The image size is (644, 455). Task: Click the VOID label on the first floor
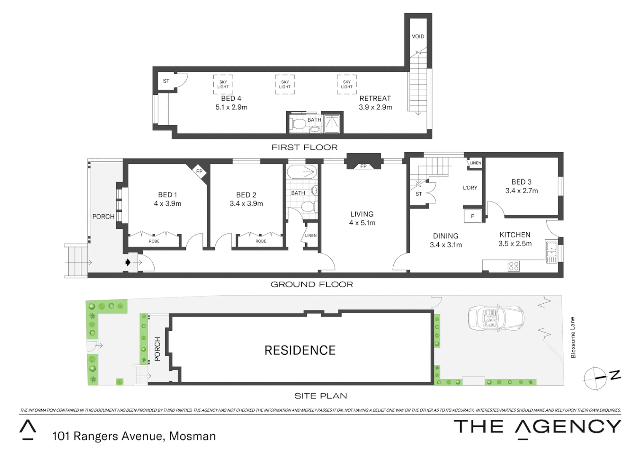418,37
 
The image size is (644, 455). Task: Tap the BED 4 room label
231,98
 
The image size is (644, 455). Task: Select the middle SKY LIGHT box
285,84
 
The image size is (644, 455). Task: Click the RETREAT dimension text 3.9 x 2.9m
375,107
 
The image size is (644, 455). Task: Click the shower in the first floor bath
332,123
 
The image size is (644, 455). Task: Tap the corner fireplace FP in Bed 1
199,172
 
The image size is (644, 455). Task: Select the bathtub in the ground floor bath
302,171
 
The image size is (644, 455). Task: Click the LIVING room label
362,214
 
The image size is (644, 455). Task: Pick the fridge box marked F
472,216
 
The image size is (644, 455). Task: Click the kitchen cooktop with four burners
513,266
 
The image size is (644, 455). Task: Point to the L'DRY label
470,188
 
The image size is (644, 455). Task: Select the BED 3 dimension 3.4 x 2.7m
521,191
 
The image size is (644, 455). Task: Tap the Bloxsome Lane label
573,337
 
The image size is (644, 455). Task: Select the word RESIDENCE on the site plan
300,350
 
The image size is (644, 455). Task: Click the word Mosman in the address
192,436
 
